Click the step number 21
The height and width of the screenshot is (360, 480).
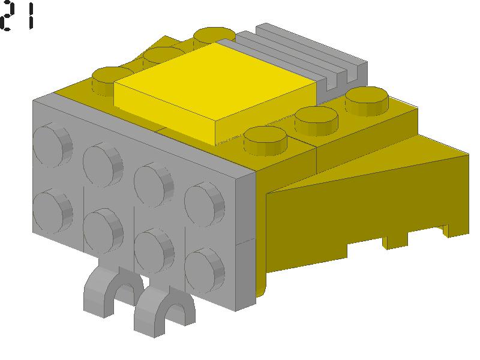tap(17, 16)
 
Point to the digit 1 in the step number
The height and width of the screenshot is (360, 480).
tap(31, 17)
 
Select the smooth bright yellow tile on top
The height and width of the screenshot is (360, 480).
tap(214, 92)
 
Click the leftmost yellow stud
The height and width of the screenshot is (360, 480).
tap(112, 80)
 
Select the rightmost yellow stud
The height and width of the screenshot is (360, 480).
tap(367, 101)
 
